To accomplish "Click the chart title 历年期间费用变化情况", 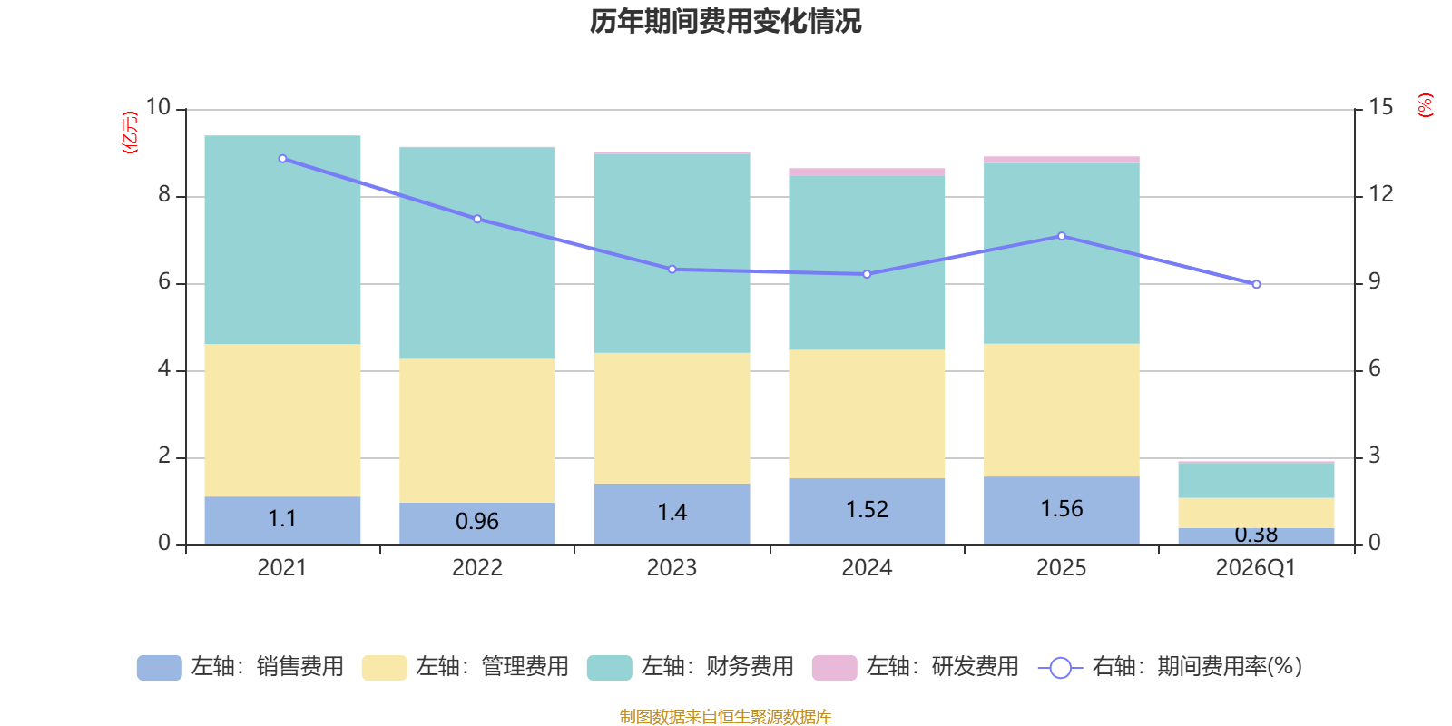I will (x=725, y=21).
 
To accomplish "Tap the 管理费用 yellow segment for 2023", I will (x=672, y=417).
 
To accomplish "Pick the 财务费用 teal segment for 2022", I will (x=477, y=252).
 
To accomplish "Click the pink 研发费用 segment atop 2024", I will (x=867, y=172).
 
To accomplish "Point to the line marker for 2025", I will (x=1062, y=236).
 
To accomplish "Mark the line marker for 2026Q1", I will (x=1256, y=284).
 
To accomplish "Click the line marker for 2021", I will (x=282, y=159).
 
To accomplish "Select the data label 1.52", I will (x=867, y=510).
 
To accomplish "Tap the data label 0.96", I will (x=477, y=522).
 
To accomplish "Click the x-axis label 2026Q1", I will (x=1255, y=568).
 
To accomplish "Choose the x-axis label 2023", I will (x=672, y=568).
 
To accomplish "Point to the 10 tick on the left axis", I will (x=159, y=108).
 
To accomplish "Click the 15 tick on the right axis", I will (x=1380, y=108).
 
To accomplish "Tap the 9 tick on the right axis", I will (x=1375, y=282).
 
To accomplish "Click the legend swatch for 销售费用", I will (x=159, y=668).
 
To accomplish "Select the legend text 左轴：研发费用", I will (x=942, y=667).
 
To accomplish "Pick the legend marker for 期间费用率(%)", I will (x=1060, y=668).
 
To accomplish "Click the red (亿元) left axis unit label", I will (x=130, y=132).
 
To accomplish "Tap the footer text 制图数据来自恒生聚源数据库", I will (x=725, y=717).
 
